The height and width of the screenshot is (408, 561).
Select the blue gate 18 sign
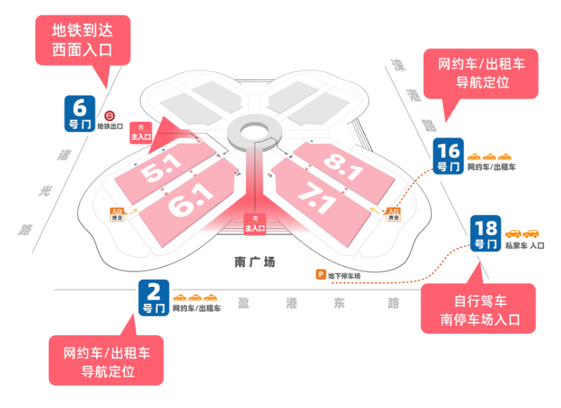point(486,234)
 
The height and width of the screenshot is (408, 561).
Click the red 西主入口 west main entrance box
point(142,132)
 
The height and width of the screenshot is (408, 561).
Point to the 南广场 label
point(255,262)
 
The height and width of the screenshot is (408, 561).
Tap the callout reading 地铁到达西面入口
point(82,40)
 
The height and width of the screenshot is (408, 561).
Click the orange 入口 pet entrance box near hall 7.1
point(393,213)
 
